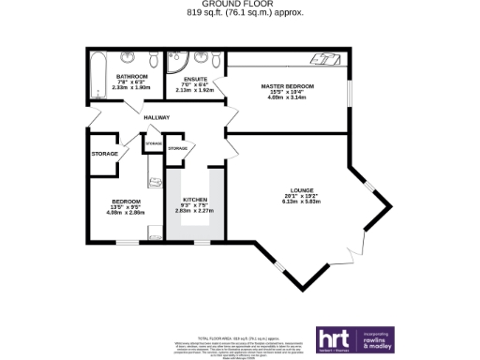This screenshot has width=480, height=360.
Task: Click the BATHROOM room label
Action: pyautogui.click(x=131, y=76)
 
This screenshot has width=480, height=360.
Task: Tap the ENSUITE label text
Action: pyautogui.click(x=195, y=78)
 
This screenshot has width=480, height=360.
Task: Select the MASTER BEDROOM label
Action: pyautogui.click(x=288, y=86)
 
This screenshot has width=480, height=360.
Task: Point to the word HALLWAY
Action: pyautogui.click(x=157, y=117)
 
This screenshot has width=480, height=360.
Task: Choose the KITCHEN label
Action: pyautogui.click(x=195, y=200)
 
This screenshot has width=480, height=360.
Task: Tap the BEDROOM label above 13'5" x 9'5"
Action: pyautogui.click(x=126, y=202)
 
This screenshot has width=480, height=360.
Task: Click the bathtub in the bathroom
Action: pyautogui.click(x=97, y=75)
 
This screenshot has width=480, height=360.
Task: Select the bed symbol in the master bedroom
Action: pyautogui.click(x=327, y=59)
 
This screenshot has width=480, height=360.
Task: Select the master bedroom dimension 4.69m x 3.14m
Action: pyautogui.click(x=288, y=97)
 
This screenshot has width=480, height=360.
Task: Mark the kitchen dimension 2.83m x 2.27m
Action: pyautogui.click(x=195, y=210)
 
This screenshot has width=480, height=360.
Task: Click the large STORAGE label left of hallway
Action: pyautogui.click(x=104, y=153)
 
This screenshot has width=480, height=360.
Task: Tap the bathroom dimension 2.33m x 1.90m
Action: pyautogui.click(x=131, y=86)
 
